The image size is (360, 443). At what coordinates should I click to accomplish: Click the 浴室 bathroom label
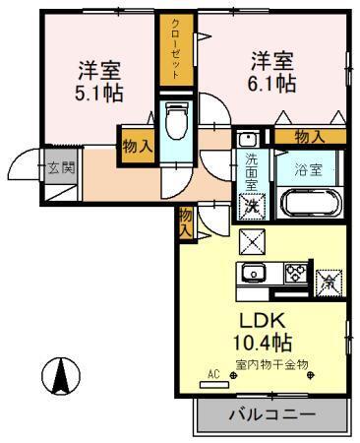(x=310, y=168)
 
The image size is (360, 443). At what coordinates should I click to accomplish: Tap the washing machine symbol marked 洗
(x=252, y=207)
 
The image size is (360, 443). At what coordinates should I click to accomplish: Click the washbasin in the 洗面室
(x=250, y=140)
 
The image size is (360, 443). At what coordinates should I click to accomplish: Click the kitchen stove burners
(x=293, y=273)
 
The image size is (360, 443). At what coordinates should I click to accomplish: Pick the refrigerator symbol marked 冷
(x=330, y=280)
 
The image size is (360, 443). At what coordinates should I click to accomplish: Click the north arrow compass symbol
(x=59, y=373)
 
